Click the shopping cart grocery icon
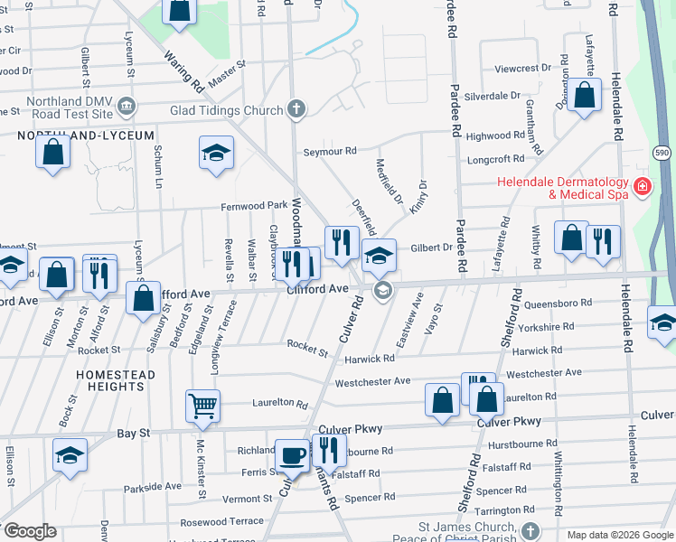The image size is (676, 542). (202, 406)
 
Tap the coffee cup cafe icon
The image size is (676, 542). (292, 453)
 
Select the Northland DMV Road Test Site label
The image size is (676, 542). (70, 107)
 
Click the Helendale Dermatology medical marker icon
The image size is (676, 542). (643, 188)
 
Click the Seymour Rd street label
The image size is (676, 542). (330, 151)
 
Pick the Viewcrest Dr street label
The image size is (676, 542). (522, 68)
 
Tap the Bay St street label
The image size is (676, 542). (133, 435)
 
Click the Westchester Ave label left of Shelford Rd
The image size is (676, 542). (372, 382)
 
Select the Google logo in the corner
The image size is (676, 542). (29, 531)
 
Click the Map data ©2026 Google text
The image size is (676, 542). (618, 535)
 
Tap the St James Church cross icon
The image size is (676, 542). (531, 530)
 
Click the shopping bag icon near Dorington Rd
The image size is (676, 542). (585, 95)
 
